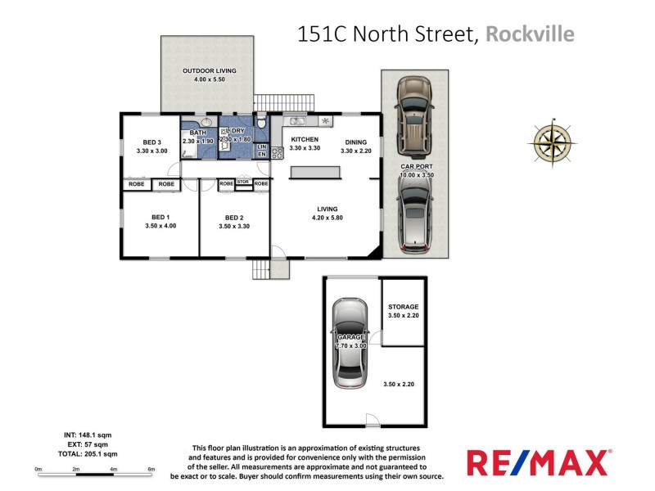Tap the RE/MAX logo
(x=539, y=462)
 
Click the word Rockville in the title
(x=530, y=34)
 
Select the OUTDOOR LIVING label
(x=209, y=71)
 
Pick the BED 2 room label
(x=235, y=218)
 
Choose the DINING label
(x=356, y=141)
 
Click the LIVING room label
(x=326, y=209)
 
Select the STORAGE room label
(x=404, y=307)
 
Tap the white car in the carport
(x=415, y=215)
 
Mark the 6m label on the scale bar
(x=151, y=469)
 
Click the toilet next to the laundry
(x=261, y=124)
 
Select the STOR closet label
(x=243, y=182)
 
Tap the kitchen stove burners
(x=277, y=151)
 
